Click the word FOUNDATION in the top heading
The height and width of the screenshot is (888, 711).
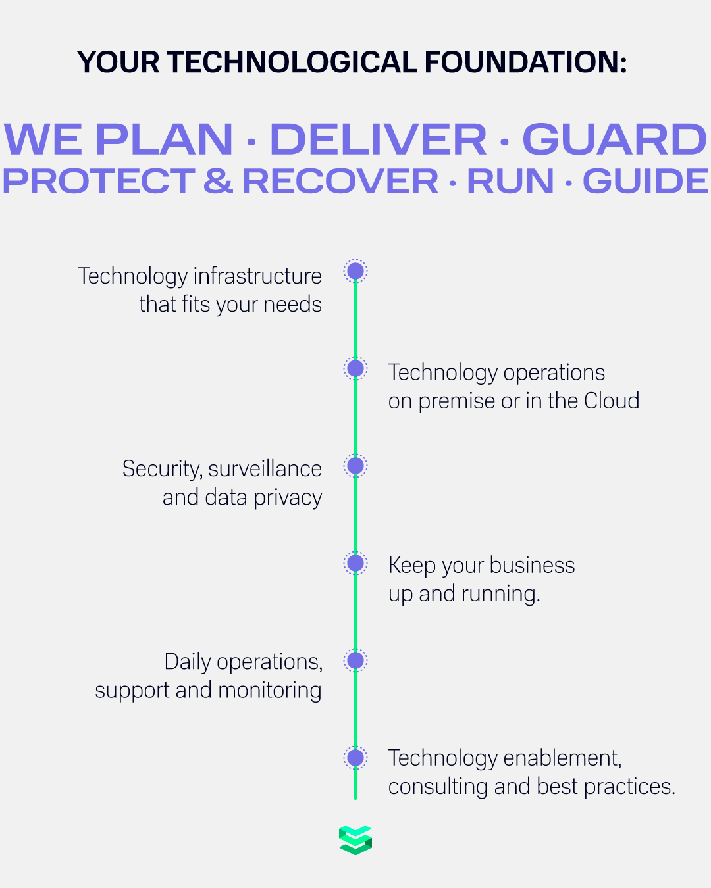pyautogui.click(x=525, y=62)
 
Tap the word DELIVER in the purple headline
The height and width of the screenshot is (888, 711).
pyautogui.click(x=379, y=139)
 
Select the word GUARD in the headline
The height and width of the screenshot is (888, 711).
pyautogui.click(x=614, y=139)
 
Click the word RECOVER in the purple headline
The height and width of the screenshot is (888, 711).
pyautogui.click(x=340, y=182)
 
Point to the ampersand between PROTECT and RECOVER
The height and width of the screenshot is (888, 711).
pyautogui.click(x=218, y=182)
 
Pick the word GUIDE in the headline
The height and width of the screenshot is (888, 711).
pyautogui.click(x=645, y=182)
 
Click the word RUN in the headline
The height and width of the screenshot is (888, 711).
pyautogui.click(x=510, y=182)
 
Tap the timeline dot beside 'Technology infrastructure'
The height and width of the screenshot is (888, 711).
pyautogui.click(x=355, y=271)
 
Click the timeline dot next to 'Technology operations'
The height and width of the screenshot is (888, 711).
pyautogui.click(x=355, y=368)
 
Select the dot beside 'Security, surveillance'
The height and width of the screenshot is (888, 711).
pyautogui.click(x=355, y=466)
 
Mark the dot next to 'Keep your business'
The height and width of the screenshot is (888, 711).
pyautogui.click(x=355, y=563)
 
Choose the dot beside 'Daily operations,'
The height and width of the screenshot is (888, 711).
pyautogui.click(x=355, y=660)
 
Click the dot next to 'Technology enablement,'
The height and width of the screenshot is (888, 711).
pyautogui.click(x=355, y=758)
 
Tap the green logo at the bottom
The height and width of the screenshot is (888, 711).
pyautogui.click(x=355, y=840)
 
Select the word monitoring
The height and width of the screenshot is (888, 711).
pyautogui.click(x=270, y=691)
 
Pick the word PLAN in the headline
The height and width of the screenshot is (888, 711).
pyautogui.click(x=165, y=139)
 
